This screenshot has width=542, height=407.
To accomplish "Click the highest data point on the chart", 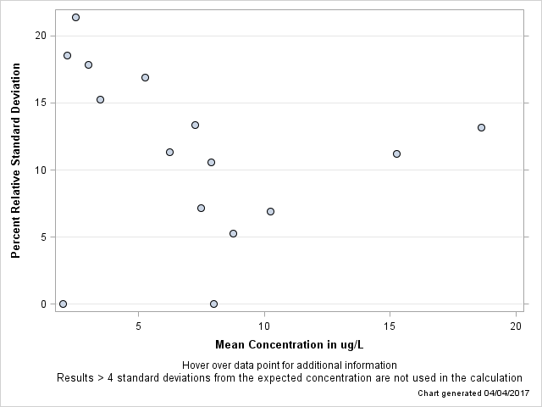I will coord(75,17).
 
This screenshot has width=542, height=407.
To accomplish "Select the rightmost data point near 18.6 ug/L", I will coord(481,127).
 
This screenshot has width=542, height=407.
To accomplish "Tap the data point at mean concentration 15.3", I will coord(396,153).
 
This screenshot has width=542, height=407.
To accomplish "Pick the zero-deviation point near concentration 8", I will coord(213,304).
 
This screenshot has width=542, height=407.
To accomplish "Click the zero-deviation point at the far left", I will coord(63,304).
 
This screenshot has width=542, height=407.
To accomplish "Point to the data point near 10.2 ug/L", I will coord(270,211).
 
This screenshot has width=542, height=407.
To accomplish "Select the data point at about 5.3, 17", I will coord(145,77).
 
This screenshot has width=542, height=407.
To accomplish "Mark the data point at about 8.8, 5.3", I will coord(233,233).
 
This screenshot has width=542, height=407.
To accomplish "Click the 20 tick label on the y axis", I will coord(41,36).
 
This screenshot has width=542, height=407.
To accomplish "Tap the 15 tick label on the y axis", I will coord(41,103).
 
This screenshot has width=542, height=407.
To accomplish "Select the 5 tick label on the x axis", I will coord(138,326).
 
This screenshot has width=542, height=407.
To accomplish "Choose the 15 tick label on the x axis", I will coord(390,326).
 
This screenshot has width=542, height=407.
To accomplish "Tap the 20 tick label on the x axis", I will coord(516,326).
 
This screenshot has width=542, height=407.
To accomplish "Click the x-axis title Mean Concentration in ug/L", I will coord(289,344).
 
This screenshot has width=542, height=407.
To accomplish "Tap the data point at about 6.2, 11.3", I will coord(169,152).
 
